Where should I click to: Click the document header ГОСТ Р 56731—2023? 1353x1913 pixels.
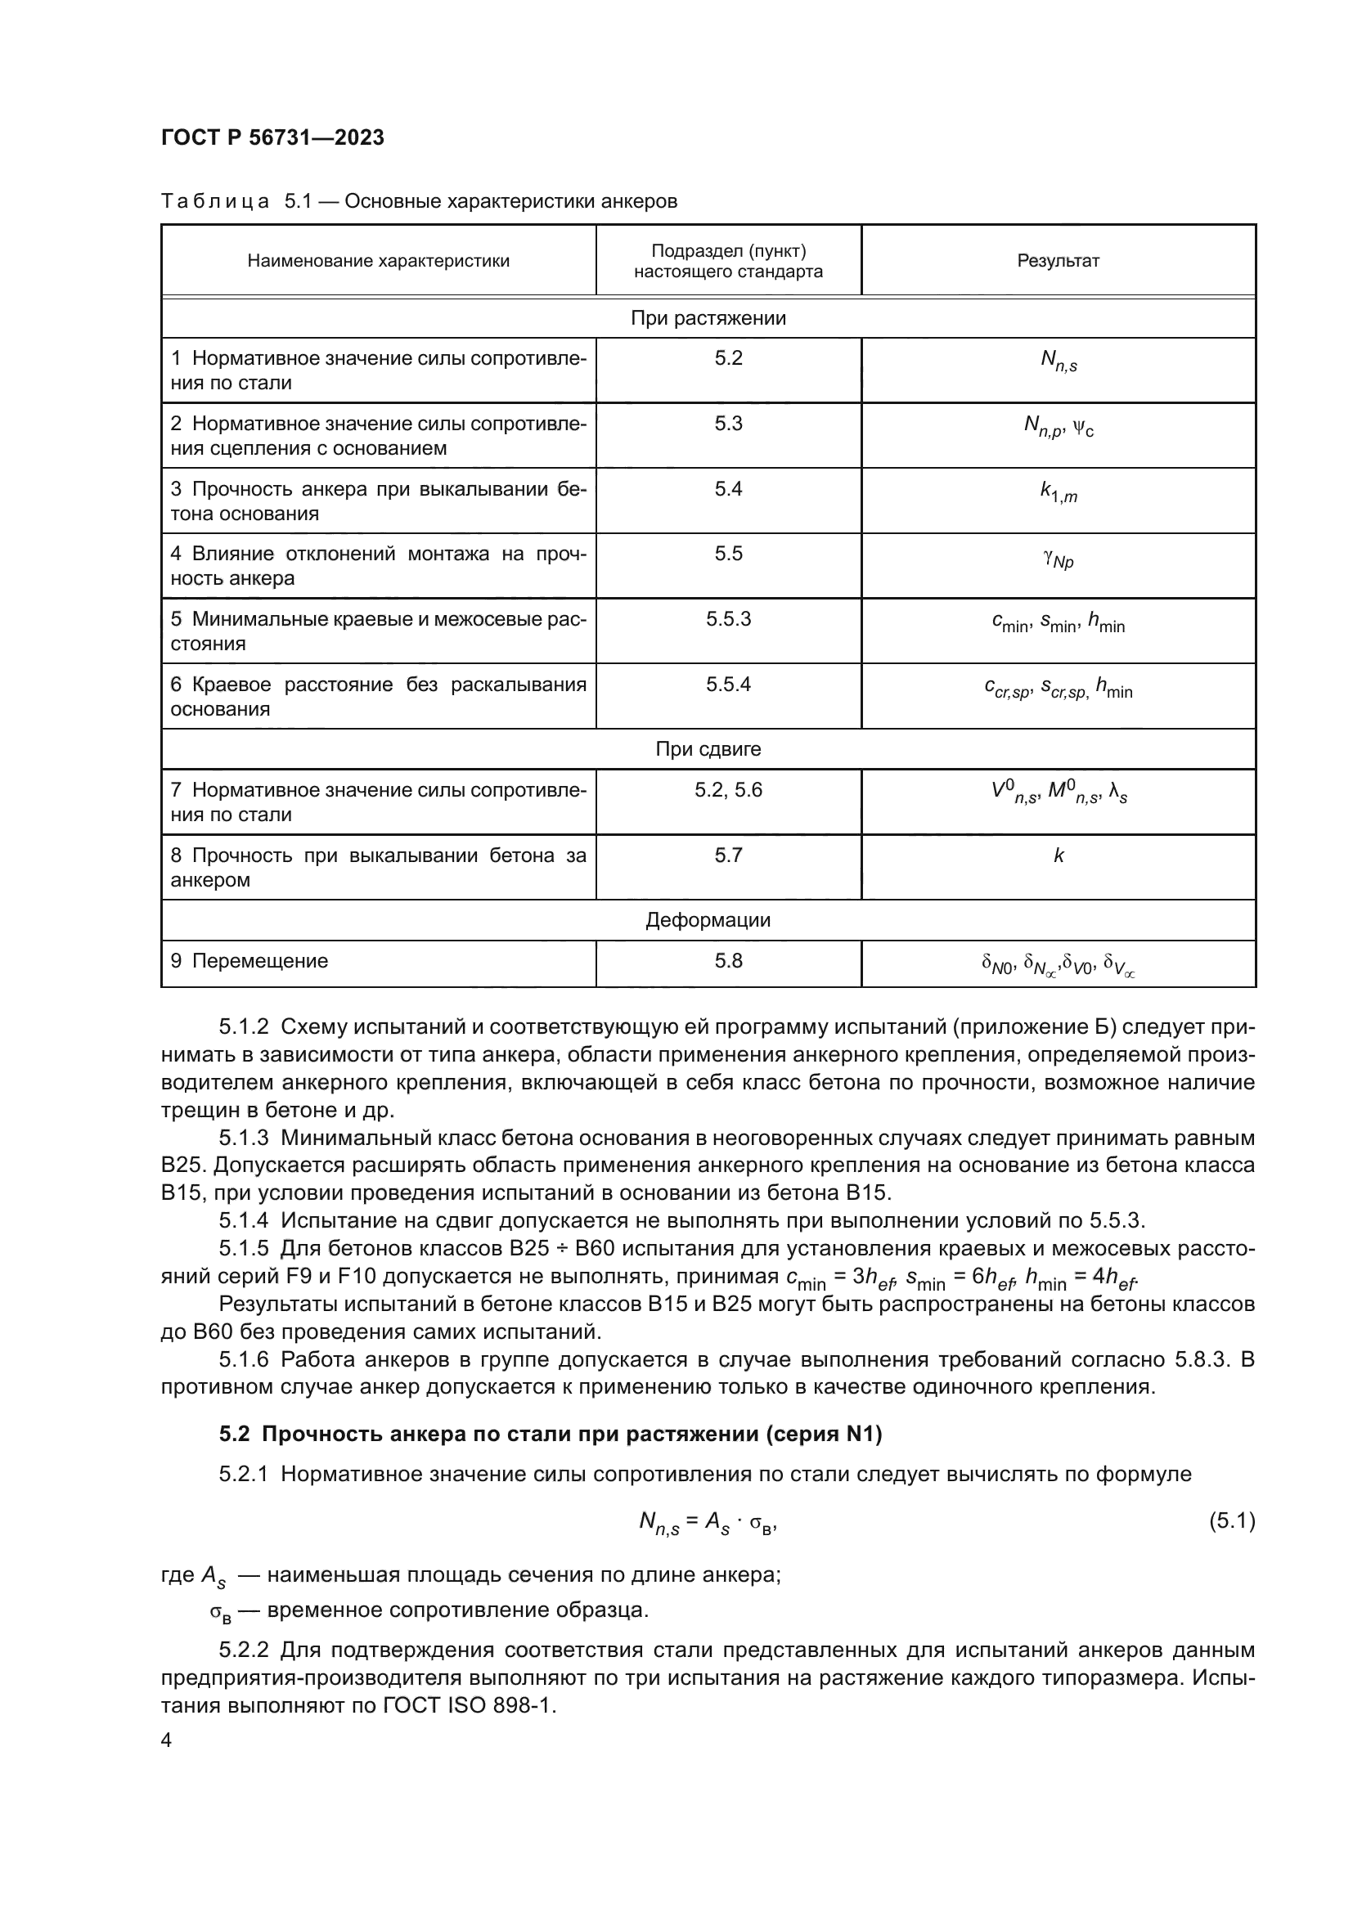(272, 138)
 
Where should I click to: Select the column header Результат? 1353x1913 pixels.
(1057, 261)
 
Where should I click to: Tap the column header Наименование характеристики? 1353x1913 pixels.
(378, 261)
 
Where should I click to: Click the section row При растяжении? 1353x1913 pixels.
(708, 318)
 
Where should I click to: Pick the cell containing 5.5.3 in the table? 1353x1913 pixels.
(728, 619)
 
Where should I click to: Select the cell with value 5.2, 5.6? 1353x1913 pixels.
(728, 790)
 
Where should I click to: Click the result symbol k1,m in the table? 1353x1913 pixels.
(1058, 492)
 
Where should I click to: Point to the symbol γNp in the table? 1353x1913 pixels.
(1058, 559)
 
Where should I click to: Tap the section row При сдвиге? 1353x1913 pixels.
(708, 749)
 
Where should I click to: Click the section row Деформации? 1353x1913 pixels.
(708, 921)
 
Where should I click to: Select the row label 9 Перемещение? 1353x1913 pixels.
(249, 962)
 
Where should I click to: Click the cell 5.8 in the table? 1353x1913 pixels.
(728, 962)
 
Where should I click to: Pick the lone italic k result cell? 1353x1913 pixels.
(1058, 856)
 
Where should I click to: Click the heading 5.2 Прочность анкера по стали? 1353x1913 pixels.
(550, 1434)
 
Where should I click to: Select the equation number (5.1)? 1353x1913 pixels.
(1231, 1521)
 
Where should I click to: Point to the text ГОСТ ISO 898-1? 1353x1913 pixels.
(469, 1705)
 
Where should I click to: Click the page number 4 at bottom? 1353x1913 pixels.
(166, 1740)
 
